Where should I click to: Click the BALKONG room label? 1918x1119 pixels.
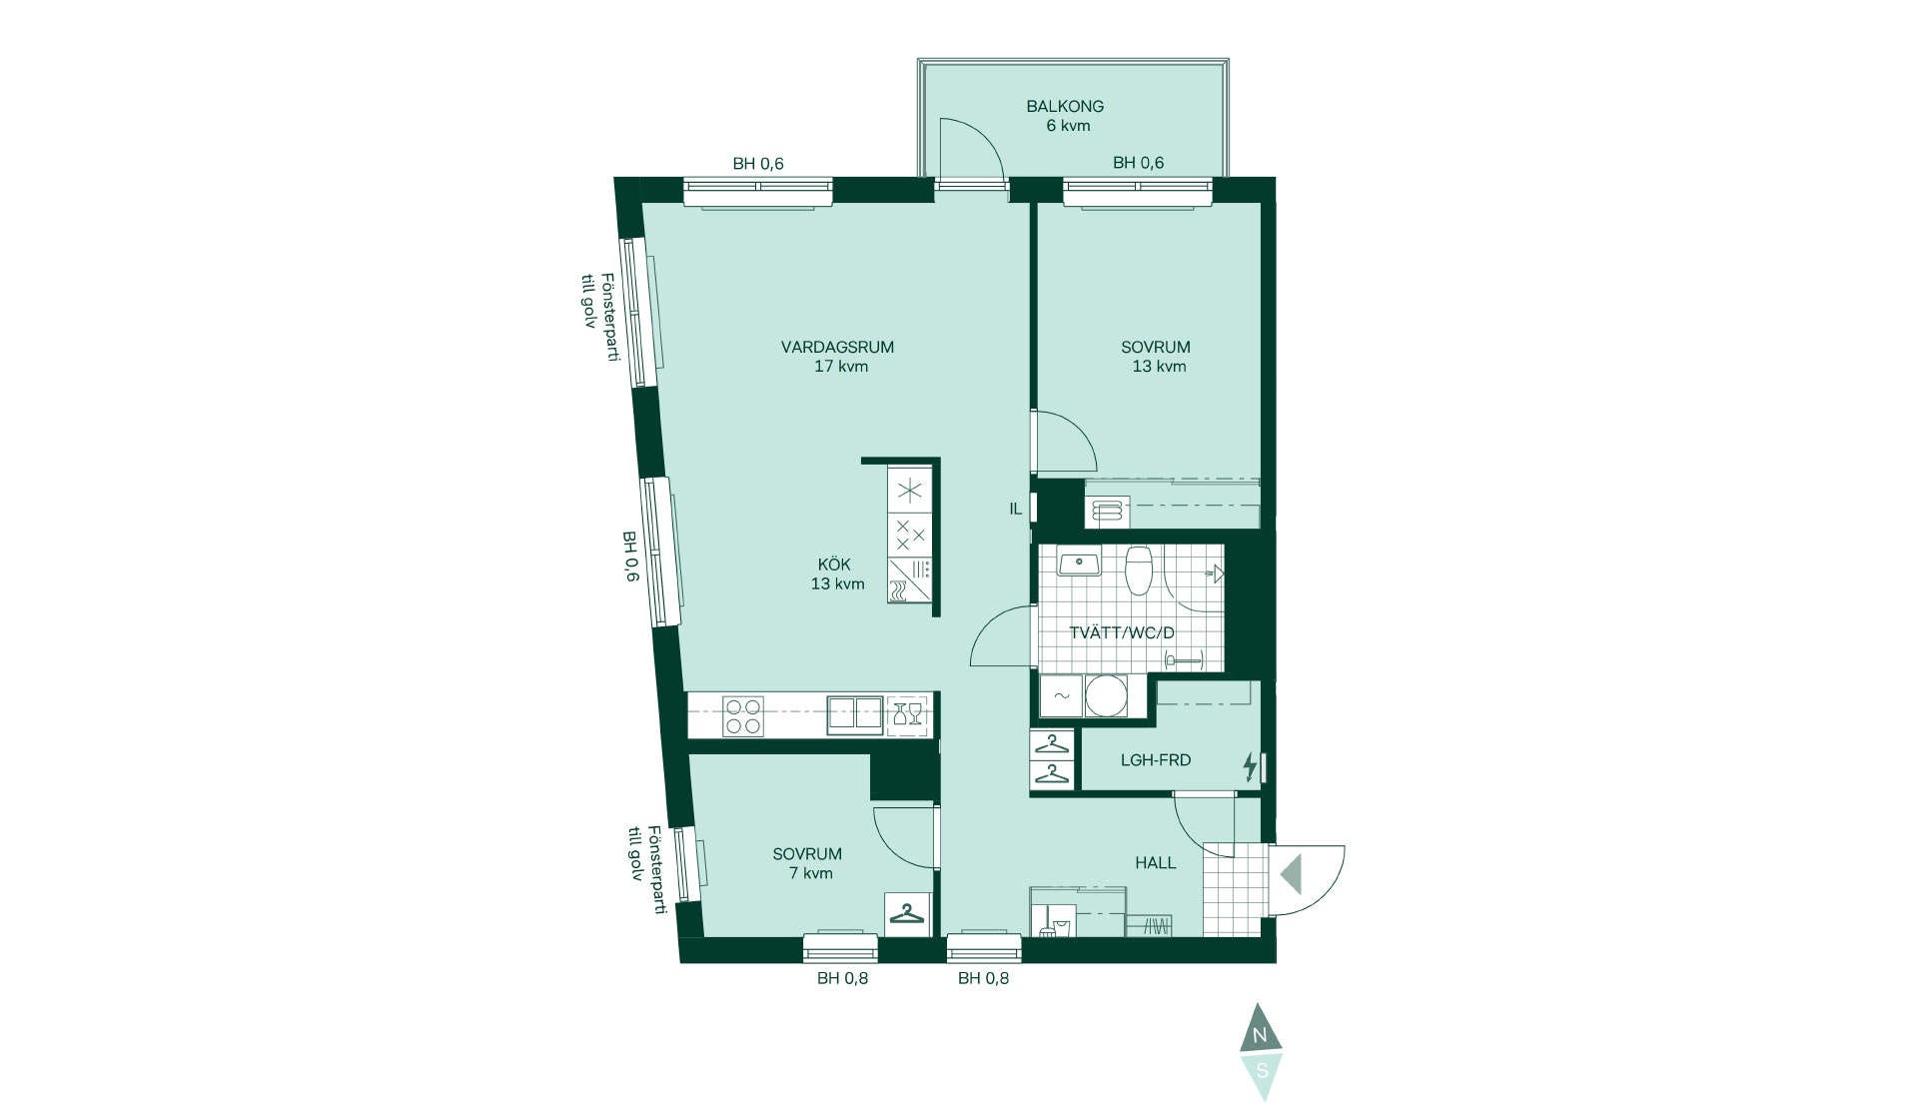click(1065, 106)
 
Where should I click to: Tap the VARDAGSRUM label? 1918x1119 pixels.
click(837, 348)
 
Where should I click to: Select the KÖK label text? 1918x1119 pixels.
click(834, 564)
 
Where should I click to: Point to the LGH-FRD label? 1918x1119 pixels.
click(1156, 760)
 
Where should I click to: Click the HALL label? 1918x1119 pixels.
click(1156, 863)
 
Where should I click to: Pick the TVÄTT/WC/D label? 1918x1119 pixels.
click(1122, 633)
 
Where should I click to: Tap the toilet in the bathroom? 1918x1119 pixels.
click(1139, 568)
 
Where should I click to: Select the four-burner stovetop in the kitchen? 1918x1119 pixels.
click(743, 715)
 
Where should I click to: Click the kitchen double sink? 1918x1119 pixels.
click(855, 714)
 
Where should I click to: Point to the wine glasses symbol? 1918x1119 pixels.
click(907, 714)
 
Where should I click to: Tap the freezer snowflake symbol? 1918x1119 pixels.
click(909, 491)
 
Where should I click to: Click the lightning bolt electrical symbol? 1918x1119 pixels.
click(1249, 766)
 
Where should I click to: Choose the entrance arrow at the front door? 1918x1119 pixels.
click(1291, 874)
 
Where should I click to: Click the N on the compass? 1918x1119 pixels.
click(1261, 1035)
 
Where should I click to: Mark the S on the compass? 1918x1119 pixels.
click(1262, 1070)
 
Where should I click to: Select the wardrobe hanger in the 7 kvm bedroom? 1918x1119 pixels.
click(908, 913)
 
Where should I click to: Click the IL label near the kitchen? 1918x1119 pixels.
click(1015, 509)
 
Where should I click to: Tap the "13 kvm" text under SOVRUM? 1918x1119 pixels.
click(1159, 367)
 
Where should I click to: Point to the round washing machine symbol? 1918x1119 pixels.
click(1106, 695)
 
